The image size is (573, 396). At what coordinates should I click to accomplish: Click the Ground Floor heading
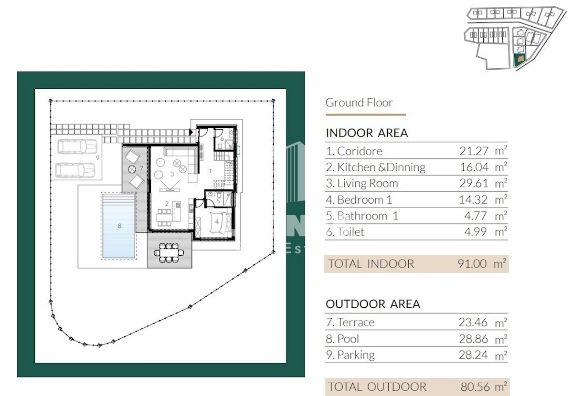click(x=359, y=103)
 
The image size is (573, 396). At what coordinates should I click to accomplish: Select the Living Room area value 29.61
click(x=474, y=183)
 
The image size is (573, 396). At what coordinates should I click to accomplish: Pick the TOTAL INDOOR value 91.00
click(x=472, y=264)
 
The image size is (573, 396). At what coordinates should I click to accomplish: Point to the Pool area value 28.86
click(x=473, y=339)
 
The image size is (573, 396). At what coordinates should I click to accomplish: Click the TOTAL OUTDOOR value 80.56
click(x=475, y=387)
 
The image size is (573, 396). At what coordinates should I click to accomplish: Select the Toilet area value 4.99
click(x=475, y=231)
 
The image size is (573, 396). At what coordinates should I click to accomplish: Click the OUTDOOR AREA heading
click(x=373, y=304)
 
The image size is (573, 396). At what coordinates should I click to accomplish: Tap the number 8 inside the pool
click(x=119, y=226)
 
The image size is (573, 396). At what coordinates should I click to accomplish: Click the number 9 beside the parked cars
click(x=97, y=158)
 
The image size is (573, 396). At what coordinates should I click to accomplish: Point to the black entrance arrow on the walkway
click(x=191, y=132)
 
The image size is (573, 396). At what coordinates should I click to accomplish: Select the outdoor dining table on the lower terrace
click(x=169, y=253)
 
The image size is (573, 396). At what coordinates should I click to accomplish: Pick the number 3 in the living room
click(x=172, y=174)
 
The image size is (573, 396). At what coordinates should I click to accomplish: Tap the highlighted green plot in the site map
click(x=520, y=60)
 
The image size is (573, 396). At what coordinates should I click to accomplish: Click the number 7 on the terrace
click(x=141, y=168)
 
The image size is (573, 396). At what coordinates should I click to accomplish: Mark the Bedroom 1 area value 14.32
click(x=473, y=199)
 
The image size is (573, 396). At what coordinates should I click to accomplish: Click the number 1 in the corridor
click(x=210, y=171)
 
